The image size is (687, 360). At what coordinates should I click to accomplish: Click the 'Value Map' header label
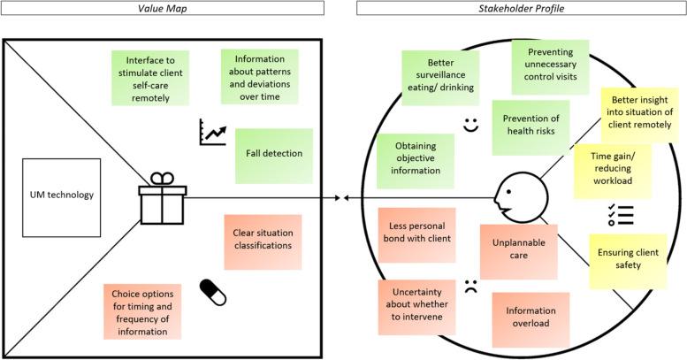pos(168,8)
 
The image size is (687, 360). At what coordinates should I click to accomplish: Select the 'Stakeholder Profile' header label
pos(522,8)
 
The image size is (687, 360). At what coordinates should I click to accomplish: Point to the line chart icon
pos(214,133)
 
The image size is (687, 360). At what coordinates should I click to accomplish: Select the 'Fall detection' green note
pos(274,154)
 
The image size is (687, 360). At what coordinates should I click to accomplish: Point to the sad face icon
pos(470,286)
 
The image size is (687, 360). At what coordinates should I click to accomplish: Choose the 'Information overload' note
pos(531,318)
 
